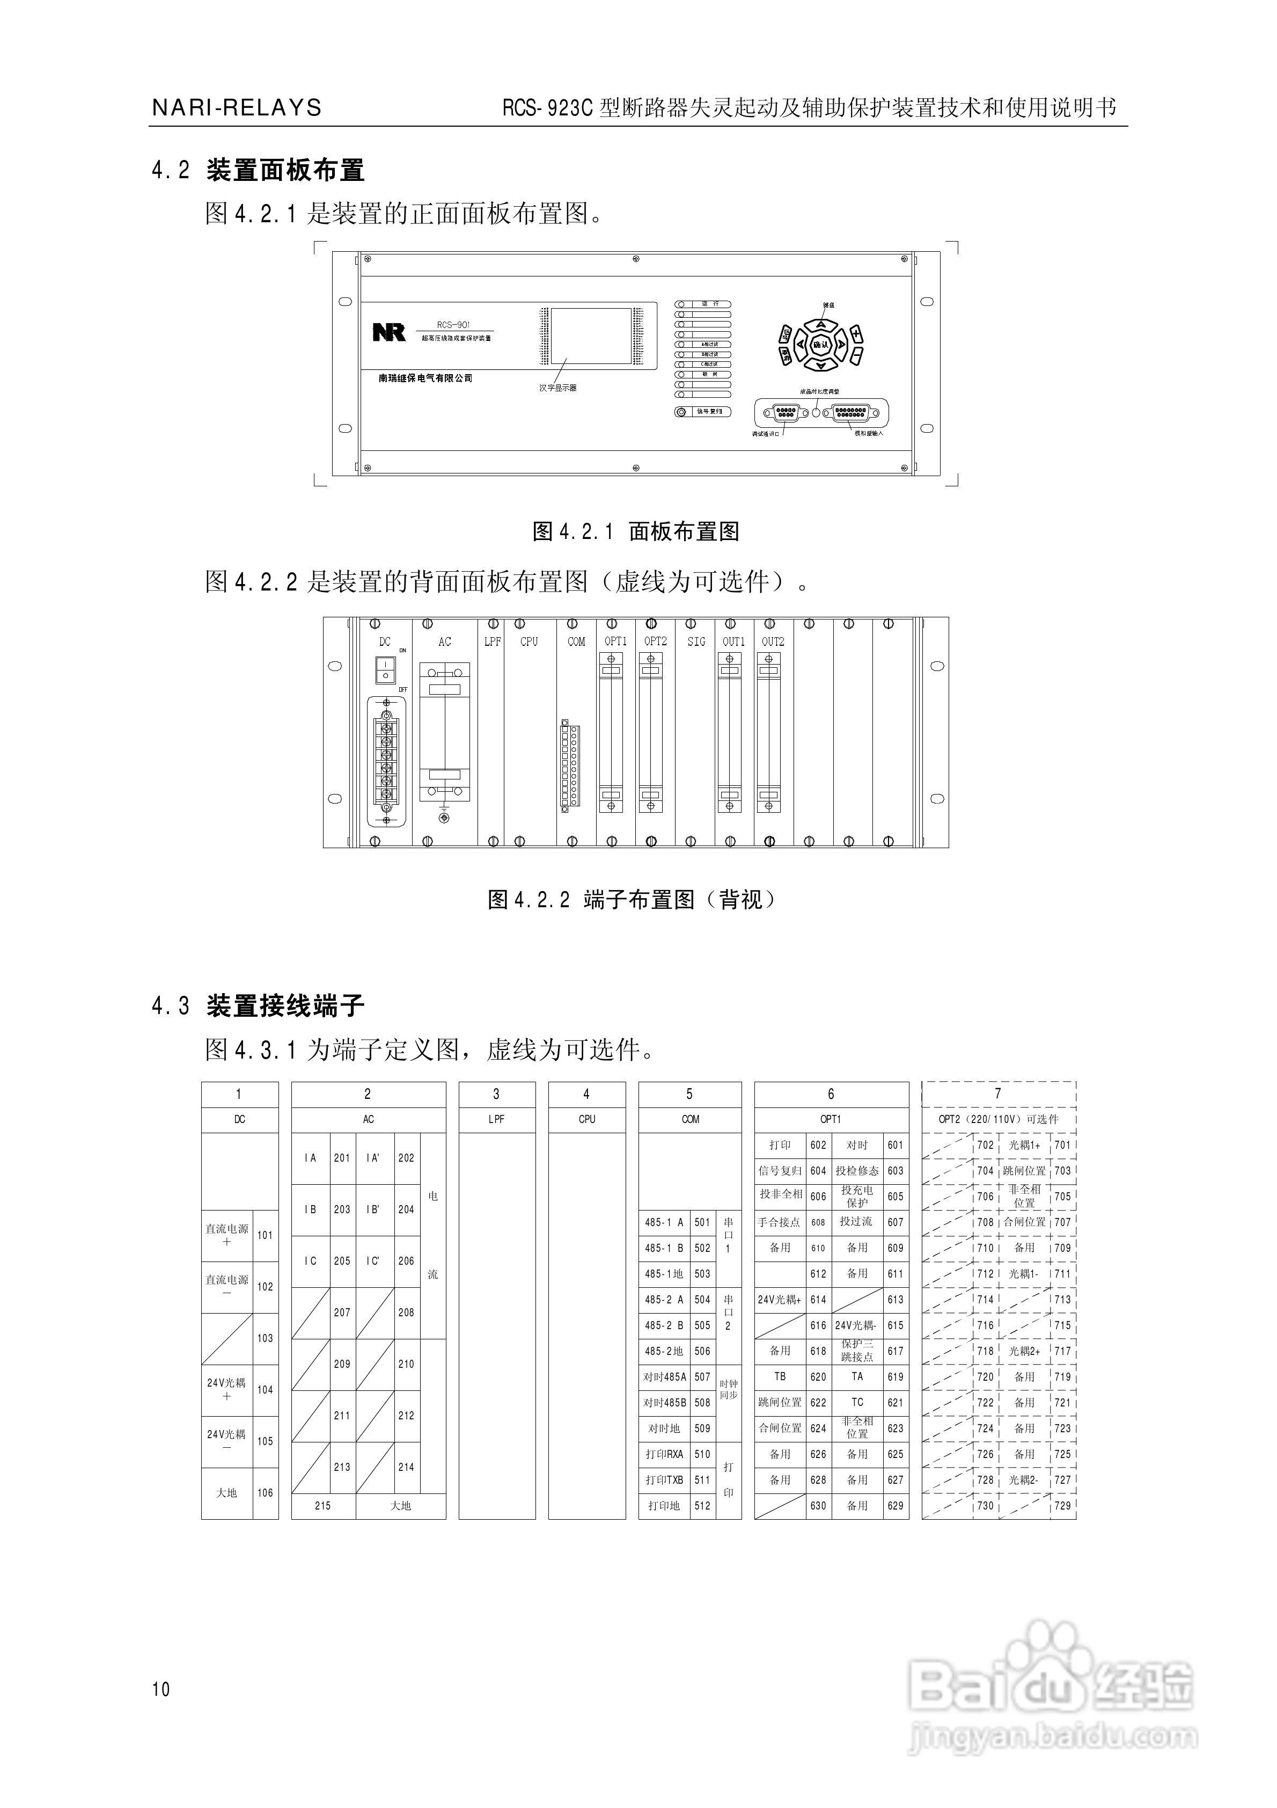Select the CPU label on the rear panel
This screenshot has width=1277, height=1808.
coord(529,642)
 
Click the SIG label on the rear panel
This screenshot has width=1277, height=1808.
coord(696,642)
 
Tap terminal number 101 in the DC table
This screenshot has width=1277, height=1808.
coord(265,1235)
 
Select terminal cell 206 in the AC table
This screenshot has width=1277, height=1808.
coord(406,1261)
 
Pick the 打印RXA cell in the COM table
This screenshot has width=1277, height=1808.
coord(664,1454)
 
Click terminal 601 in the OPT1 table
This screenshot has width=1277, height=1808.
coord(895,1145)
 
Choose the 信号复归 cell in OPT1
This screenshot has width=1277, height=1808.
coord(780,1171)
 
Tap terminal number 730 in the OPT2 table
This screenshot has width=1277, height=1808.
coord(985,1506)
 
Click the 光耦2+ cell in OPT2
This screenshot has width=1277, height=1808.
coord(1024,1351)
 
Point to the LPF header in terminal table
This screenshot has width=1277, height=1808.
coord(496,1119)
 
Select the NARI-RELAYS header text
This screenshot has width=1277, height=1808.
coord(236,108)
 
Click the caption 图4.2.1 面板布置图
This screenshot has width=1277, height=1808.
coord(636,531)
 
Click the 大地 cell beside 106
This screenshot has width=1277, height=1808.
coord(227,1492)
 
